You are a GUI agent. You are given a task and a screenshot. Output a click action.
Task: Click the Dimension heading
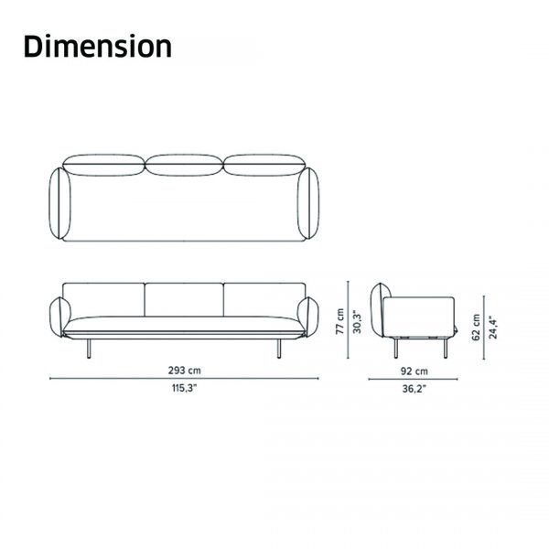point(98,46)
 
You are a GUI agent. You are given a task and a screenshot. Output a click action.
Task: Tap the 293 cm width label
point(185,370)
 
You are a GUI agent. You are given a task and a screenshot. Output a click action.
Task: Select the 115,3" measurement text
point(185,388)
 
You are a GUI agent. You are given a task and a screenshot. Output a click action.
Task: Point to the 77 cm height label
point(340,321)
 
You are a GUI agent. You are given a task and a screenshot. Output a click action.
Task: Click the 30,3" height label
point(357,321)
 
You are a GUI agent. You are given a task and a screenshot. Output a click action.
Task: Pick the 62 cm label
point(476,328)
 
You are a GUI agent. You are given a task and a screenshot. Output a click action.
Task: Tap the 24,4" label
point(493,328)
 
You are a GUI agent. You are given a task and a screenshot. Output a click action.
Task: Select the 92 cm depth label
point(414,371)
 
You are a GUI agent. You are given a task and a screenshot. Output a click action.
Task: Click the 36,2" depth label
point(414,389)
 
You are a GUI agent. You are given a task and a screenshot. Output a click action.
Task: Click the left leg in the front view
point(89,349)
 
